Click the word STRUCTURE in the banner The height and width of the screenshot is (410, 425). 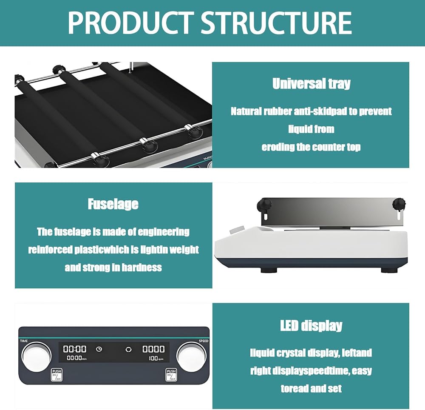click(x=276, y=23)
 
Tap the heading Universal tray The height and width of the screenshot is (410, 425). click(x=312, y=83)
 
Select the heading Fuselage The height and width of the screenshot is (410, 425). click(x=113, y=204)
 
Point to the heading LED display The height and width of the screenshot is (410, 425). click(x=311, y=326)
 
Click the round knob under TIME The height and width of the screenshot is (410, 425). click(x=36, y=356)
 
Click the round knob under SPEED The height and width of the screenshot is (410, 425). click(x=191, y=356)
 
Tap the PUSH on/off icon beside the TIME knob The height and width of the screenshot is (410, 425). click(x=57, y=374)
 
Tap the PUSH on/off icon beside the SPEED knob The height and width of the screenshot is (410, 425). click(x=171, y=374)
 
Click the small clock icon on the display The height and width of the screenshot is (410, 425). click(x=99, y=349)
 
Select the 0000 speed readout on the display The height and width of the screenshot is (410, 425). click(x=153, y=349)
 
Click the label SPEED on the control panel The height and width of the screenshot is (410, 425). click(x=204, y=341)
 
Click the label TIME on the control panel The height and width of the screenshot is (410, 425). click(x=24, y=341)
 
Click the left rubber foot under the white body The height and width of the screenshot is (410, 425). click(x=269, y=270)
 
